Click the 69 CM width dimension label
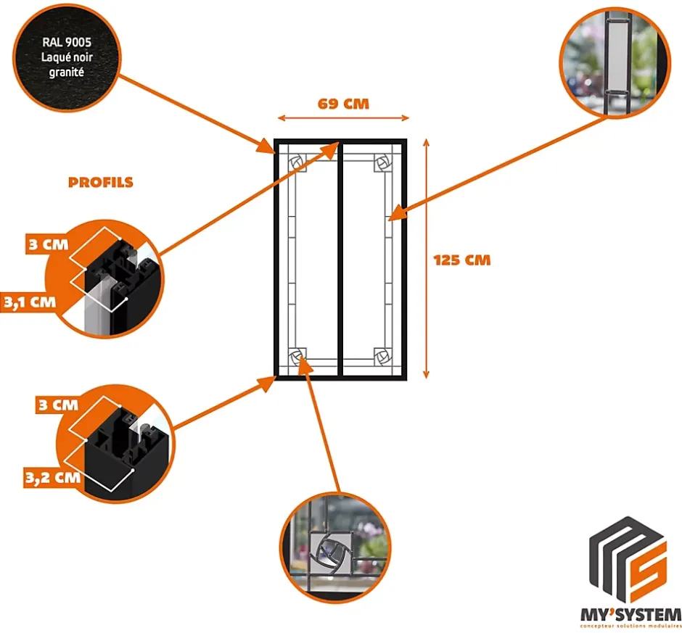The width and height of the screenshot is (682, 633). [343, 104]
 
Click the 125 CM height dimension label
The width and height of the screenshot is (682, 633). [461, 260]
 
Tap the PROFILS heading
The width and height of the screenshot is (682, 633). [101, 182]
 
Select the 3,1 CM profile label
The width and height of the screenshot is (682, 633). [29, 302]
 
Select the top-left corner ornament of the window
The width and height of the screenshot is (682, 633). [297, 163]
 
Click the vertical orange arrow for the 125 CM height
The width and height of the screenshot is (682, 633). [427, 260]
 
